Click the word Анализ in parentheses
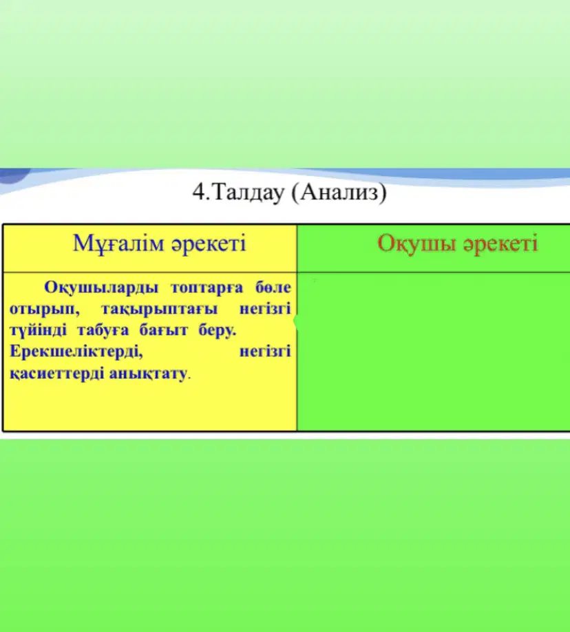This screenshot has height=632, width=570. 339,193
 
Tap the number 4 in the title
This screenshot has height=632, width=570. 198,193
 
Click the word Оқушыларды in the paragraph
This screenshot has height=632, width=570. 101,288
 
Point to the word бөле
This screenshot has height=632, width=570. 273,287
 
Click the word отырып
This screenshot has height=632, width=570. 44,309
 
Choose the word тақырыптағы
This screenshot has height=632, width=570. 159,309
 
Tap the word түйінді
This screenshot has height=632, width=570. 38,331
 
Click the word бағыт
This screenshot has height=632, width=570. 163,331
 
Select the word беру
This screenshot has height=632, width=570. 217,331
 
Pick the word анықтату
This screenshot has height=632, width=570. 148,373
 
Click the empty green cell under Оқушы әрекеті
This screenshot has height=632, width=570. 434,351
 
